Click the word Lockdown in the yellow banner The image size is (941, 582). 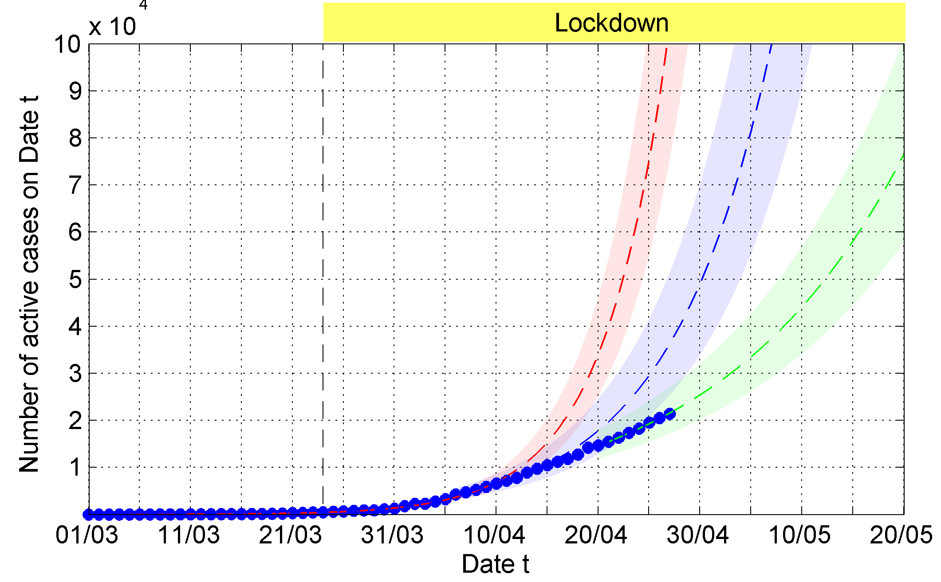click(611, 23)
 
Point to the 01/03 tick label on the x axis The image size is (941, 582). click(87, 535)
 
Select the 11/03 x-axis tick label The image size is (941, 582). click(189, 535)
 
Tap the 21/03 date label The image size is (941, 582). click(290, 535)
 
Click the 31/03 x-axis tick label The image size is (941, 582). click(392, 535)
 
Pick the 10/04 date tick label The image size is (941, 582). click(494, 535)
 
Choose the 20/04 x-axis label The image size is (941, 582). click(596, 535)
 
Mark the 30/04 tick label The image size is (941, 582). click(697, 535)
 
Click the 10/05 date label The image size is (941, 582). click(799, 535)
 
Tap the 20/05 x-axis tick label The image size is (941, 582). click(901, 535)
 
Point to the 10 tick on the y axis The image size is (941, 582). click(67, 45)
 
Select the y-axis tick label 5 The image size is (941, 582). click(75, 280)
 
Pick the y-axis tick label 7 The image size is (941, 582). click(75, 185)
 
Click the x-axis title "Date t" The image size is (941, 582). click(496, 564)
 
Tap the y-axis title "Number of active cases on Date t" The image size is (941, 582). click(29, 284)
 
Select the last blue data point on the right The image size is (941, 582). click(670, 414)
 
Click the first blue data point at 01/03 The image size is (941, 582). click(89, 514)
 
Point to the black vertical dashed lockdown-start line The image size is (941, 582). click(323, 266)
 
